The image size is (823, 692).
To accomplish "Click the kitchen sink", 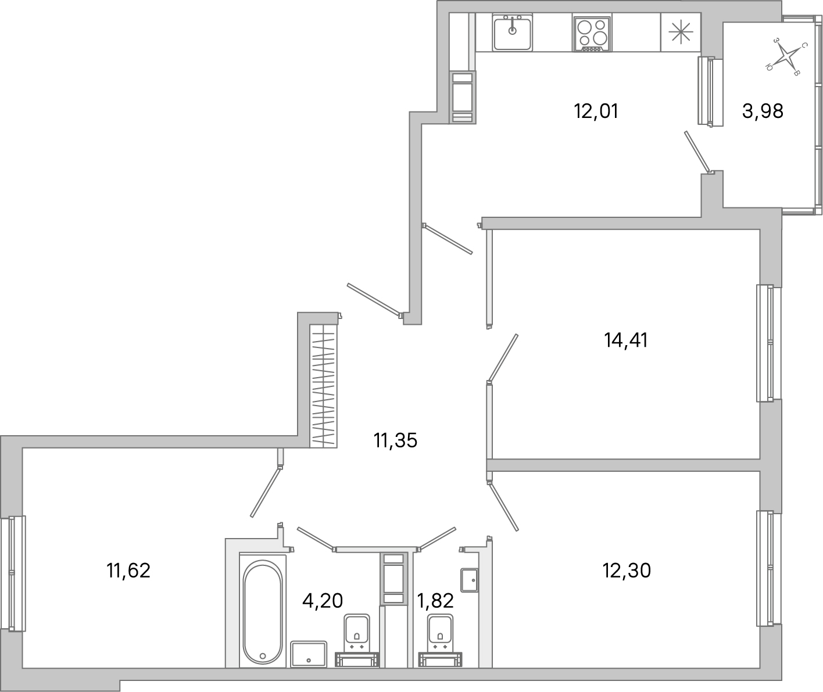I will click(x=512, y=34).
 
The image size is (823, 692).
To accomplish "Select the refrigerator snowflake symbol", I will click(x=681, y=31).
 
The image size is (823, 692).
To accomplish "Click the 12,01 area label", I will click(x=596, y=110).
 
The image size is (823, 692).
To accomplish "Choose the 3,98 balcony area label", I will click(x=763, y=110).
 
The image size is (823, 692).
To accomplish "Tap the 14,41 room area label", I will click(x=626, y=340).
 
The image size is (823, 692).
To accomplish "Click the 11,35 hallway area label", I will click(x=396, y=441).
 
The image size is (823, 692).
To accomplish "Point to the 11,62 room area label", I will click(x=128, y=571).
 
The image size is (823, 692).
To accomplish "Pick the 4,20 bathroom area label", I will click(x=323, y=599).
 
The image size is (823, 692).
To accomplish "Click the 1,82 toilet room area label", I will click(x=435, y=601).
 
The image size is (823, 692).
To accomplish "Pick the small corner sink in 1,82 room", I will click(x=468, y=579).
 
